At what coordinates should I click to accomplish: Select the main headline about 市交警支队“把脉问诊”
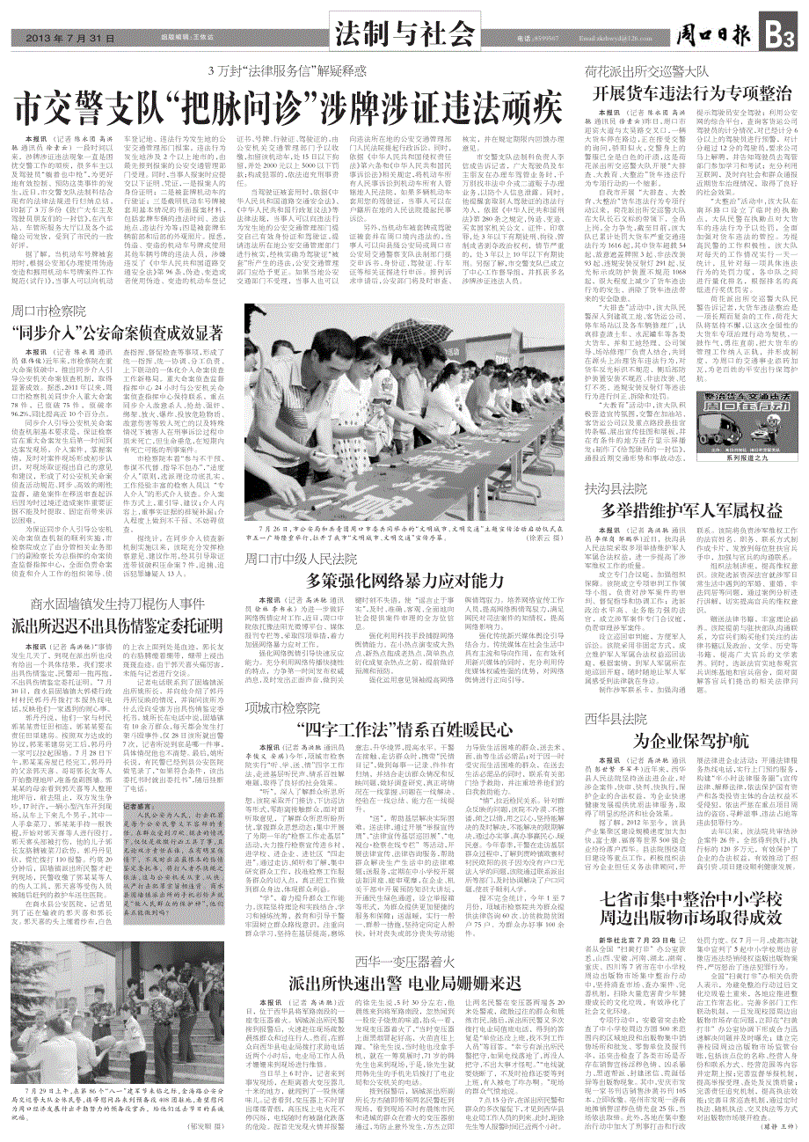[288, 105]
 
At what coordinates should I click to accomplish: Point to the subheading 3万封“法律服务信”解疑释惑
[288, 72]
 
